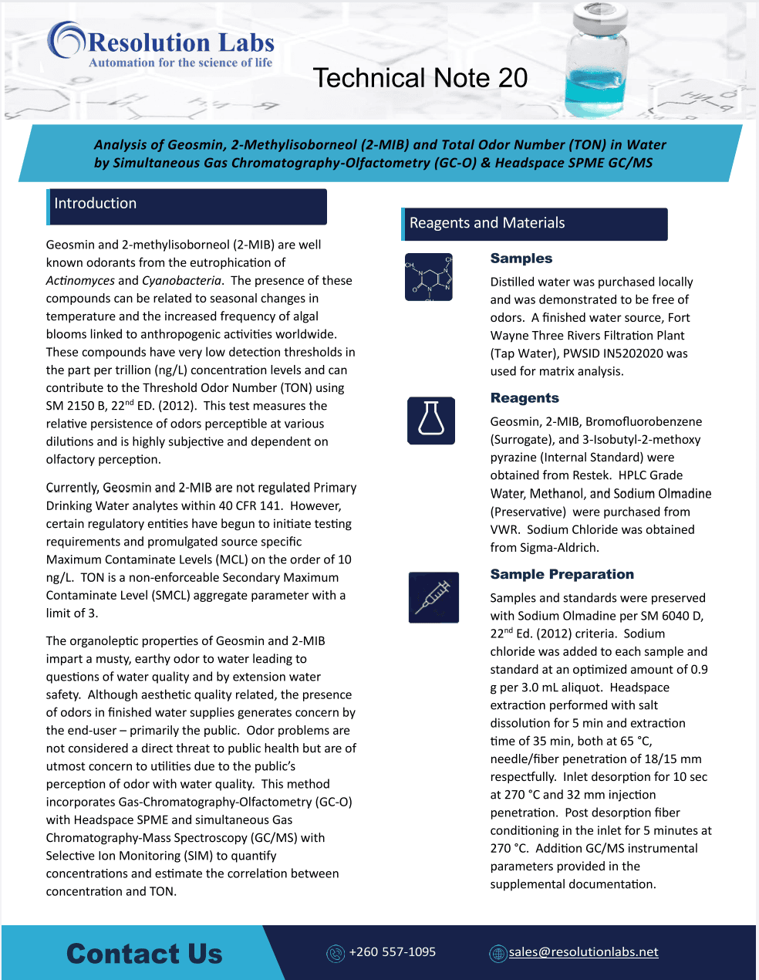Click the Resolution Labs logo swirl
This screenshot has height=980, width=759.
coord(66,40)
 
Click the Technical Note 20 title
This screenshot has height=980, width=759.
coord(420,78)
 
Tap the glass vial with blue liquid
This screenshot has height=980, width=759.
coord(595,61)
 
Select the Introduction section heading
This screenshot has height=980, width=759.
coord(96,204)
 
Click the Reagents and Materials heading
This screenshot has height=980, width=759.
coord(487,223)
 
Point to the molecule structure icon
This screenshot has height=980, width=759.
coord(429,277)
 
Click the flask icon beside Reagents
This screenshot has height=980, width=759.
coord(431,421)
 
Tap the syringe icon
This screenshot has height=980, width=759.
coord(433,597)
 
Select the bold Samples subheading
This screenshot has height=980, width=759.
coord(521,259)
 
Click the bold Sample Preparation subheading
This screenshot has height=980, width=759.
coord(562,574)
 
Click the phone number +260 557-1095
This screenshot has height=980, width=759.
coord(393,952)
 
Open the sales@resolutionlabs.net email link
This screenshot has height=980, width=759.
coord(583,952)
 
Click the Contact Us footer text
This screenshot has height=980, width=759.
coord(144,954)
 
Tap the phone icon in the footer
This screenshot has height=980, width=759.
coord(336,954)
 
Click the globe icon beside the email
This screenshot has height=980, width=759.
coord(498,954)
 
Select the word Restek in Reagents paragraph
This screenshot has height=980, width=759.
coord(591,475)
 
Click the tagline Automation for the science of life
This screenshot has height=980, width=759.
coord(180,63)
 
